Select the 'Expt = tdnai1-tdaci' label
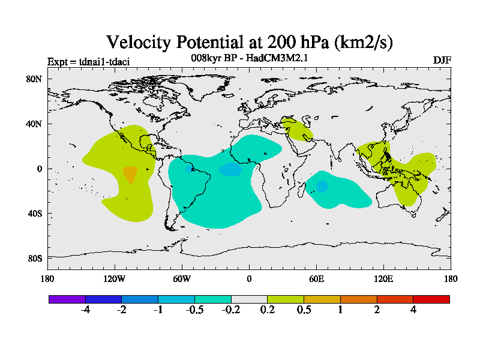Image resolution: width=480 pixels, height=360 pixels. pyautogui.click(x=88, y=61)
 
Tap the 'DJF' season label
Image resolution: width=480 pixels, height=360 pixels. pyautogui.click(x=442, y=60)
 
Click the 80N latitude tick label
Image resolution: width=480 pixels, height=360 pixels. pyautogui.click(x=34, y=79)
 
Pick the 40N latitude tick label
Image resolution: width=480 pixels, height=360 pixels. pyautogui.click(x=34, y=124)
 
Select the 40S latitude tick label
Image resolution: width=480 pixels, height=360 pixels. pyautogui.click(x=34, y=214)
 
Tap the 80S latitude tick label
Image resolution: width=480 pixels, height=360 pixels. pyautogui.click(x=34, y=258)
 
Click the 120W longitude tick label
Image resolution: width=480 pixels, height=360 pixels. pyautogui.click(x=114, y=278)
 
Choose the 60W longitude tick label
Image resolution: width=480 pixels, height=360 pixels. pyautogui.click(x=182, y=278)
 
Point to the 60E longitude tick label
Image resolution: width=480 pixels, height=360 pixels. pyautogui.click(x=316, y=278)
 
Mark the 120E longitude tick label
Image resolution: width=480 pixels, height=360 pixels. pyautogui.click(x=383, y=278)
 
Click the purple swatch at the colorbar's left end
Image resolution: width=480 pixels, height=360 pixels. pyautogui.click(x=67, y=299)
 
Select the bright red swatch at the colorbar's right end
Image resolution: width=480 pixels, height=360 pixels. pyautogui.click(x=431, y=299)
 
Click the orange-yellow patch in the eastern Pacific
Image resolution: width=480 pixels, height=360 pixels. pyautogui.click(x=130, y=174)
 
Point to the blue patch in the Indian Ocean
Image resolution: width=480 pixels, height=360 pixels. pyautogui.click(x=322, y=186)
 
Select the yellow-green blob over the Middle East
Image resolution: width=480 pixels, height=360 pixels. pyautogui.click(x=296, y=128)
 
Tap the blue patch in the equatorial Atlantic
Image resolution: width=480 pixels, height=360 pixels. pyautogui.click(x=230, y=170)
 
